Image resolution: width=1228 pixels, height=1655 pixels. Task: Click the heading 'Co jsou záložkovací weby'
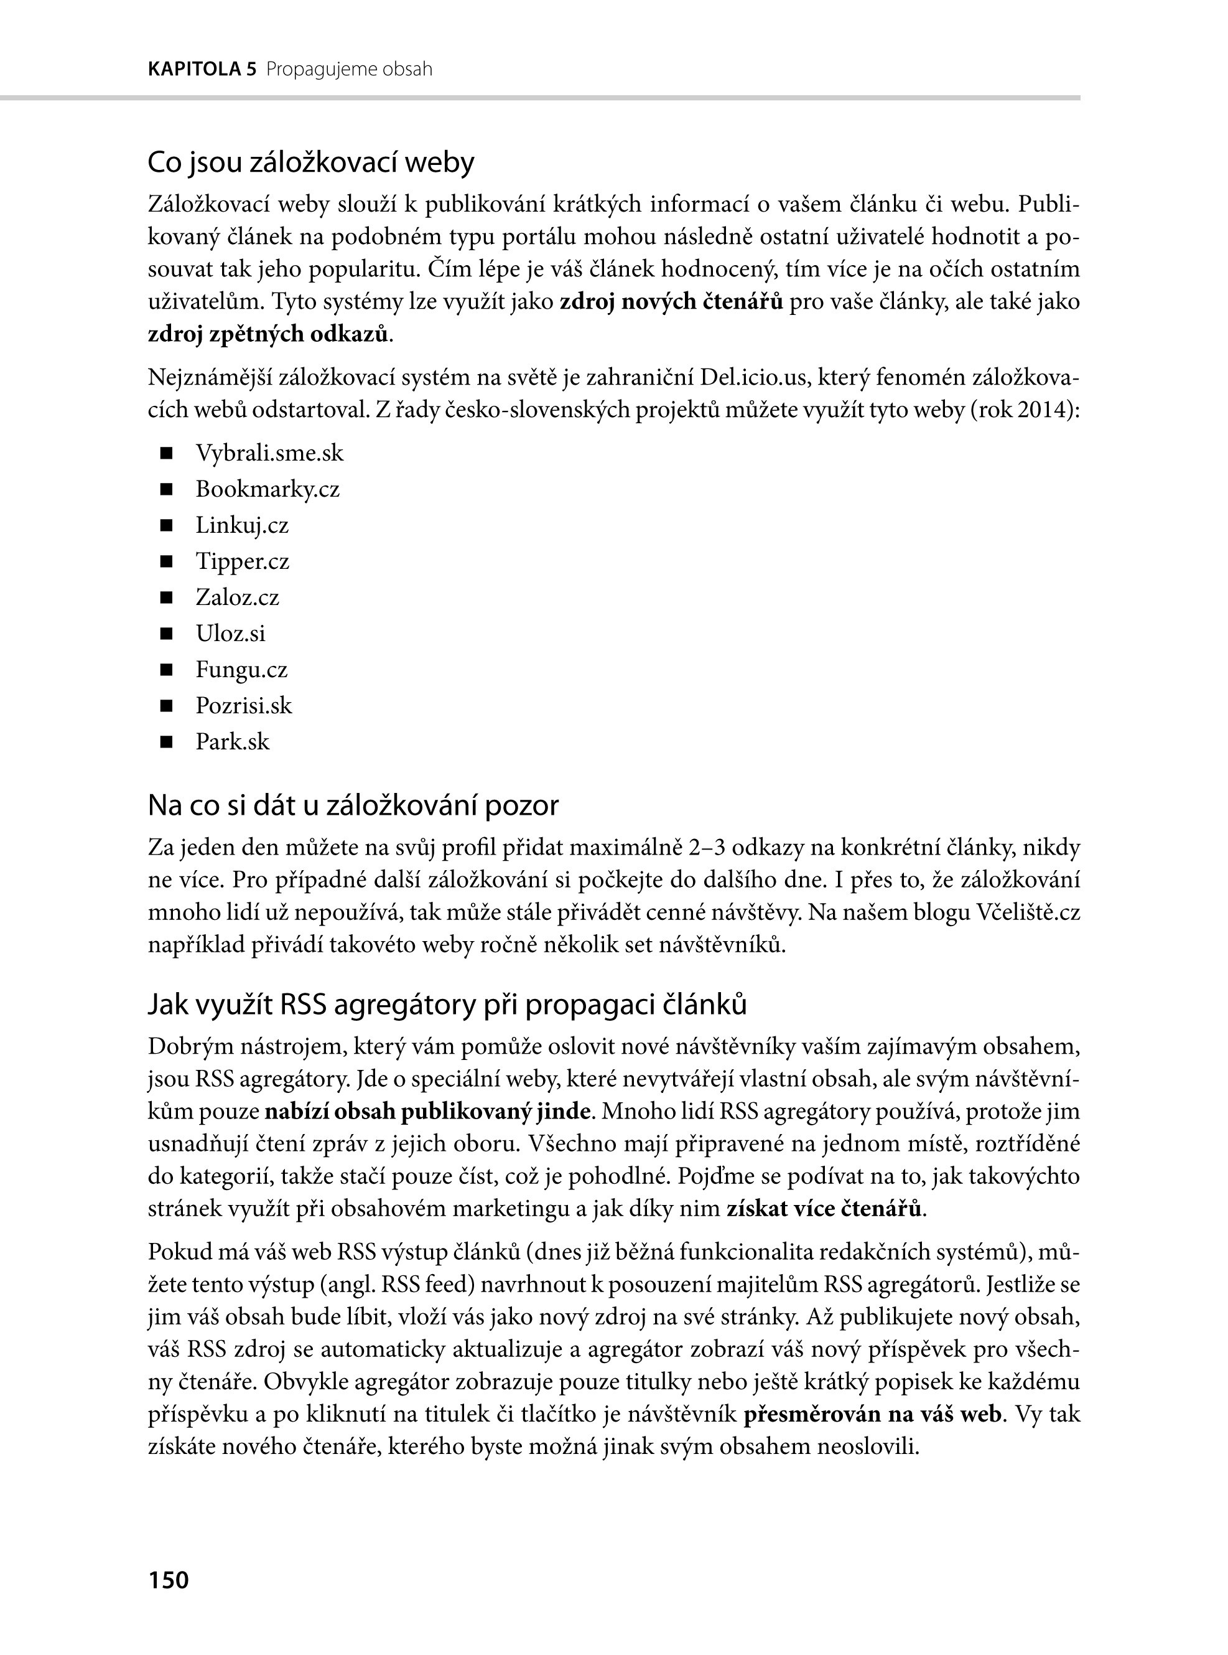(310, 162)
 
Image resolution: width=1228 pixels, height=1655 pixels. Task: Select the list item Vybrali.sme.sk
(269, 453)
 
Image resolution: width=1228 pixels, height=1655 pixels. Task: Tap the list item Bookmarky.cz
(267, 489)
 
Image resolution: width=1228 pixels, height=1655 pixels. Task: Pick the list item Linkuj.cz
(241, 525)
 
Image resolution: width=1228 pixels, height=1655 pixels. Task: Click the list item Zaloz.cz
(237, 598)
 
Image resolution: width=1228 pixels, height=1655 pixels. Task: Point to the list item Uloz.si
(230, 633)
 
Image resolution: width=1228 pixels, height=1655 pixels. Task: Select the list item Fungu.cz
(241, 670)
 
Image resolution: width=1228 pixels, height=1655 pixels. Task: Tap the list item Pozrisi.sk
(244, 705)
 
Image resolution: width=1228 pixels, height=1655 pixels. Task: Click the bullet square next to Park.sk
(165, 741)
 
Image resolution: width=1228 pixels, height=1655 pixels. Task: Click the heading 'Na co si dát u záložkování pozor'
(353, 805)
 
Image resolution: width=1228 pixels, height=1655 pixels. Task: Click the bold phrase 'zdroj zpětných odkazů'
(268, 334)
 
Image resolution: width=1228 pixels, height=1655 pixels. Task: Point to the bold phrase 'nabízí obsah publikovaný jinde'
(428, 1111)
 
